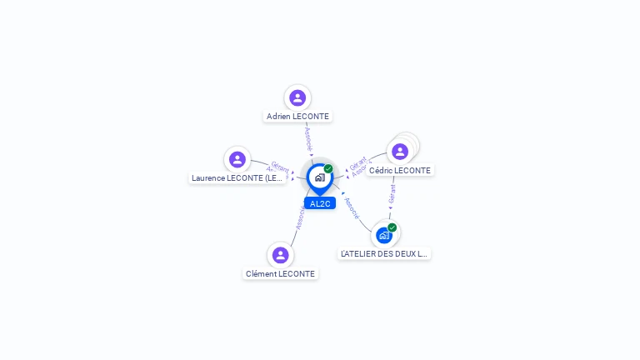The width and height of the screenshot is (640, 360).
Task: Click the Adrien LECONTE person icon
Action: (x=297, y=98)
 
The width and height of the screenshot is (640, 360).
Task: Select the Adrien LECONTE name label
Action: (x=297, y=117)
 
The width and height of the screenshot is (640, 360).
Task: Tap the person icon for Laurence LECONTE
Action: (x=237, y=159)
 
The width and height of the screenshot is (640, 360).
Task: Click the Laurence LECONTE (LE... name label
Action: (x=237, y=178)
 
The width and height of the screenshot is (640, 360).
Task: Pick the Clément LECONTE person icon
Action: (x=280, y=255)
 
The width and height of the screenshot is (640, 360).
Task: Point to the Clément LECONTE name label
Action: (x=280, y=274)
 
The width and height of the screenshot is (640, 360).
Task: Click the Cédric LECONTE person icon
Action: (x=400, y=152)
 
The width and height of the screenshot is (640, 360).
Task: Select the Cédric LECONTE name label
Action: (x=400, y=171)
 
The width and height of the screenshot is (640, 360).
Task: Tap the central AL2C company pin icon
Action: (x=319, y=177)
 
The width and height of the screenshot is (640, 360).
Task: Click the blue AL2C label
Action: (x=320, y=203)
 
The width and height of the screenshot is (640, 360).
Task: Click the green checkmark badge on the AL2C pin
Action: (x=328, y=169)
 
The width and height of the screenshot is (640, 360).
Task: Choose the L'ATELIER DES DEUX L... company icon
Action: (x=383, y=235)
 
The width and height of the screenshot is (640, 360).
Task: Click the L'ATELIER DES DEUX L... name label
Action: (x=384, y=253)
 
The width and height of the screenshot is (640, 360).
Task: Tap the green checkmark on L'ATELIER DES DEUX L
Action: (x=392, y=227)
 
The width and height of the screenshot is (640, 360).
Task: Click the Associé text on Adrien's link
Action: (x=308, y=135)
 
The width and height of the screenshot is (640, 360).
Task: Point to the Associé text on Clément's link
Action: (x=300, y=218)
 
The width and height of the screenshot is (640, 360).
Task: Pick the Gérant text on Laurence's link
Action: (x=280, y=166)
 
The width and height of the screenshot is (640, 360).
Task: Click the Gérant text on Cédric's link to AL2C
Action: (x=357, y=162)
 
